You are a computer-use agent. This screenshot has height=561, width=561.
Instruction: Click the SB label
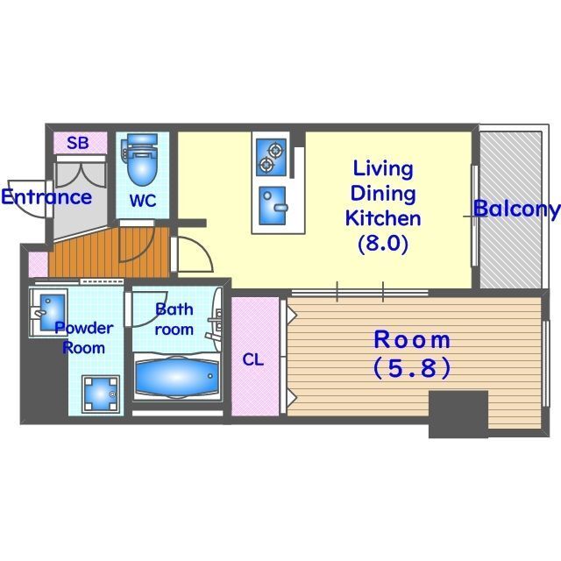pyautogui.click(x=78, y=143)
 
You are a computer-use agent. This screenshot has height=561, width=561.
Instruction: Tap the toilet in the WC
pyautogui.click(x=140, y=159)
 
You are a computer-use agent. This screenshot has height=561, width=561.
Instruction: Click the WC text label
pyautogui.click(x=143, y=201)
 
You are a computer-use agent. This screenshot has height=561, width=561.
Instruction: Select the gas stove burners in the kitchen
pyautogui.click(x=271, y=158)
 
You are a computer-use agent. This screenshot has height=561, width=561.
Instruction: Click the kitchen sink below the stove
pyautogui.click(x=273, y=205)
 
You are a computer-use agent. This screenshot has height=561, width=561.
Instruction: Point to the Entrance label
pyautogui.click(x=46, y=196)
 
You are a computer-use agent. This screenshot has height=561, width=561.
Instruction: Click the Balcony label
pyautogui.click(x=516, y=209)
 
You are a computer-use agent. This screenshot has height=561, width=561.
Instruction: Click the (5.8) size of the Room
pyautogui.click(x=412, y=368)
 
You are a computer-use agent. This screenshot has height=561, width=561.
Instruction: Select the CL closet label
pyautogui.click(x=253, y=359)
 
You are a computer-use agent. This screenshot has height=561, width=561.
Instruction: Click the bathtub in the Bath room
pyautogui.click(x=177, y=376)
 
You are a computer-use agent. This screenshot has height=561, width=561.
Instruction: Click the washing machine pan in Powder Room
pyautogui.click(x=101, y=394)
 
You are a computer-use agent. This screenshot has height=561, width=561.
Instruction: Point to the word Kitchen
pyautogui.click(x=383, y=218)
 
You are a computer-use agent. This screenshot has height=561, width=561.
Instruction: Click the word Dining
pyautogui.click(x=383, y=194)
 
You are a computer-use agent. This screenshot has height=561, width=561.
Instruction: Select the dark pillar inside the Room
pyautogui.click(x=458, y=414)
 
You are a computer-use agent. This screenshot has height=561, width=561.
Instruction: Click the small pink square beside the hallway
pyautogui.click(x=38, y=265)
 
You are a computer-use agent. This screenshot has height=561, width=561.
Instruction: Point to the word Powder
pyautogui.click(x=84, y=328)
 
